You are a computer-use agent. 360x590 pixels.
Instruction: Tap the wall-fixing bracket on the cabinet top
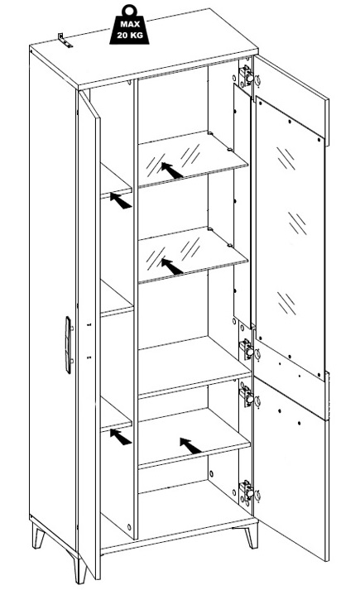click(65, 40)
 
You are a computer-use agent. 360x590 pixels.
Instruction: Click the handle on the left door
click(68, 345)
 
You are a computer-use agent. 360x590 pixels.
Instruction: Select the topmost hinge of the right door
click(246, 75)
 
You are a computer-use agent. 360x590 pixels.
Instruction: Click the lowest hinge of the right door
click(246, 492)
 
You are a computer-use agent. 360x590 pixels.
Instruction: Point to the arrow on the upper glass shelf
click(172, 170)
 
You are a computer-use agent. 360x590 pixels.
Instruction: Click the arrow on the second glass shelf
click(172, 266)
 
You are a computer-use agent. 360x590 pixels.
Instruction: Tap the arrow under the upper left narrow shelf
click(121, 200)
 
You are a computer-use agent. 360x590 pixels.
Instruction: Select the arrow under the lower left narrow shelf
click(121, 437)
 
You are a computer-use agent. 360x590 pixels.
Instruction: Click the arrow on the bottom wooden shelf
click(190, 446)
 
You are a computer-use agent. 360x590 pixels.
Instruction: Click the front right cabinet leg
click(252, 536)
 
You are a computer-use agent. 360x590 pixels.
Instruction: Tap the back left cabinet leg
click(39, 535)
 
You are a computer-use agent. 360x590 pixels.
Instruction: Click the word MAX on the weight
click(130, 25)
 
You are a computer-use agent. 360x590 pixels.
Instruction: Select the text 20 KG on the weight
click(129, 36)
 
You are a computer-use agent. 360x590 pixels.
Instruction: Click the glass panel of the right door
click(290, 237)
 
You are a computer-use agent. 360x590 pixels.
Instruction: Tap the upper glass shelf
click(192, 158)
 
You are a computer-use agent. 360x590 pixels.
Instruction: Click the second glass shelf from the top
click(192, 254)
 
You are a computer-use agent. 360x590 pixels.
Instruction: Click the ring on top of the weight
click(130, 10)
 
